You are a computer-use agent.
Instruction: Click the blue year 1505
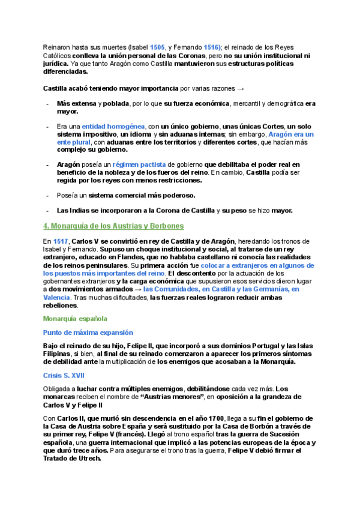pyautogui.click(x=158, y=47)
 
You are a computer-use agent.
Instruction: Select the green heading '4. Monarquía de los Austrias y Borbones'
pyautogui.click(x=113, y=226)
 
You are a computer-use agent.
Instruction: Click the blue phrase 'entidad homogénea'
pyautogui.click(x=113, y=127)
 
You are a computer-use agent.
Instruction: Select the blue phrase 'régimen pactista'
pyautogui.click(x=139, y=164)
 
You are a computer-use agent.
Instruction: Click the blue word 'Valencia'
pyautogui.click(x=57, y=297)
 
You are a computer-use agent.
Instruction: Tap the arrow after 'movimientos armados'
pyautogui.click(x=137, y=289)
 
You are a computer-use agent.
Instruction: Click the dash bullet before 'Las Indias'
pyautogui.click(x=48, y=211)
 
